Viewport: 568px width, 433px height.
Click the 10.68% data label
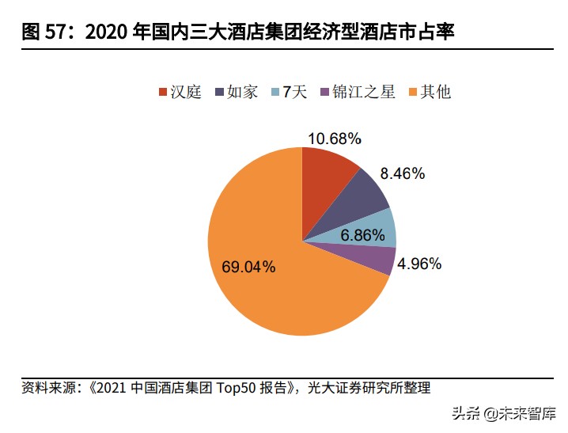click(x=334, y=139)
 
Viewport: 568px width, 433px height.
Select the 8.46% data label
click(x=402, y=173)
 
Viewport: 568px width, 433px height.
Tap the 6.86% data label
click(x=362, y=236)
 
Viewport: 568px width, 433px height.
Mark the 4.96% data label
click(x=419, y=264)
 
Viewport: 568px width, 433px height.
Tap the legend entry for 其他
click(x=428, y=93)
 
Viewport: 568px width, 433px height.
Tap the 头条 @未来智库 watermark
click(x=503, y=414)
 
